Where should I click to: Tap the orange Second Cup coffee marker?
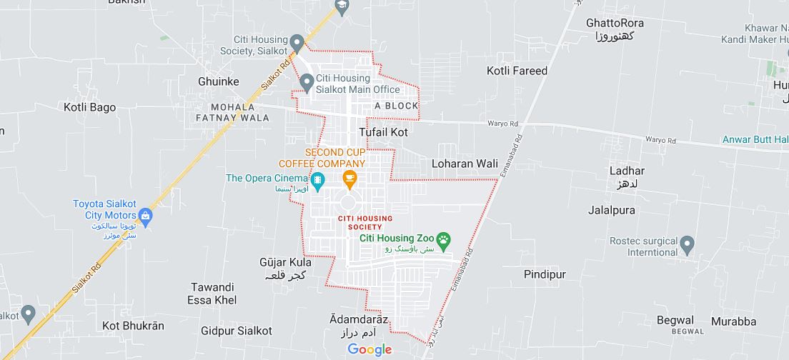tap(349, 179)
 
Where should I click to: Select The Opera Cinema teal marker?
tap(317, 179)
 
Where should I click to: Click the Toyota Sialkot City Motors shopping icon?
tap(146, 216)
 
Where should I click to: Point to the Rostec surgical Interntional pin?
tap(688, 245)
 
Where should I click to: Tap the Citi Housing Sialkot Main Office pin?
tap(307, 84)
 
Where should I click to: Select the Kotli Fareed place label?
tap(517, 71)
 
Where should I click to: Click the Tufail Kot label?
tap(383, 132)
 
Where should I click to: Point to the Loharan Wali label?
tap(465, 164)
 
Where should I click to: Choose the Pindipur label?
tap(545, 274)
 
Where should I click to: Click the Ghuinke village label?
tap(218, 81)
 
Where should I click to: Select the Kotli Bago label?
tap(89, 108)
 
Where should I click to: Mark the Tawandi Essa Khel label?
tap(213, 294)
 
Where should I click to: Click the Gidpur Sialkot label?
tap(236, 331)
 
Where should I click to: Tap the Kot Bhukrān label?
tap(133, 326)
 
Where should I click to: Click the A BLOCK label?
tap(396, 106)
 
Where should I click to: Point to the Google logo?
tap(369, 349)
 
